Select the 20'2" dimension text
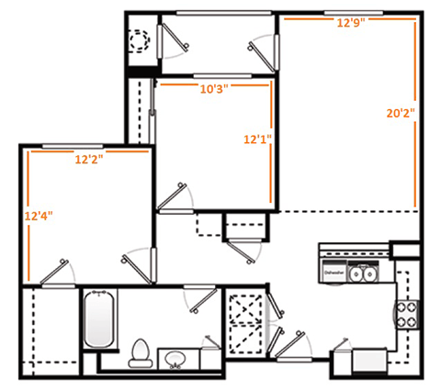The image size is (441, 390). [x=401, y=114]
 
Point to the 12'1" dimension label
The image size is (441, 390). [x=256, y=140]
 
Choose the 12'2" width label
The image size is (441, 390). [x=88, y=159]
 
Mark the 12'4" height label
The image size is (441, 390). [x=39, y=217]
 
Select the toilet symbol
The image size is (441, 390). [x=141, y=351]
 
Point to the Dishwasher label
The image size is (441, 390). [x=333, y=273]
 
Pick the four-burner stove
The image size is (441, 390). [x=405, y=315]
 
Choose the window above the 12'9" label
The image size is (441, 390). [x=350, y=12]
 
